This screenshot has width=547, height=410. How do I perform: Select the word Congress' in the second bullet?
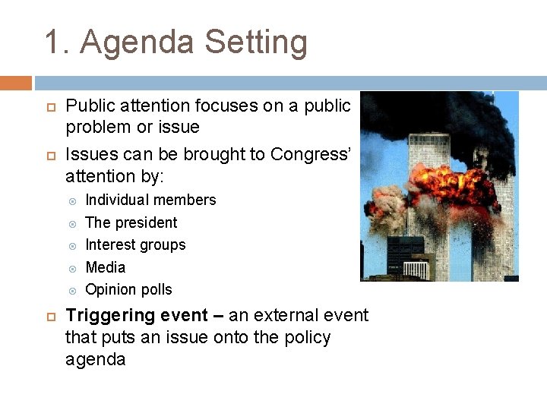pos(311,155)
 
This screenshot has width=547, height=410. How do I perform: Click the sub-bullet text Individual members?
pos(150,200)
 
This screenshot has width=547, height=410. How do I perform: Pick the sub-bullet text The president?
pos(131,222)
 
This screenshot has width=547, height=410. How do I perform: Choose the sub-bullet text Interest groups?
pos(135,244)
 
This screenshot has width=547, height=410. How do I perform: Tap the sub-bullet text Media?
pos(106,267)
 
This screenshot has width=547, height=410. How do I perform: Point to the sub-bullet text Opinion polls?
pos(128,289)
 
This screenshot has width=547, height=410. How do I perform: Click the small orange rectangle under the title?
pos(15,83)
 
